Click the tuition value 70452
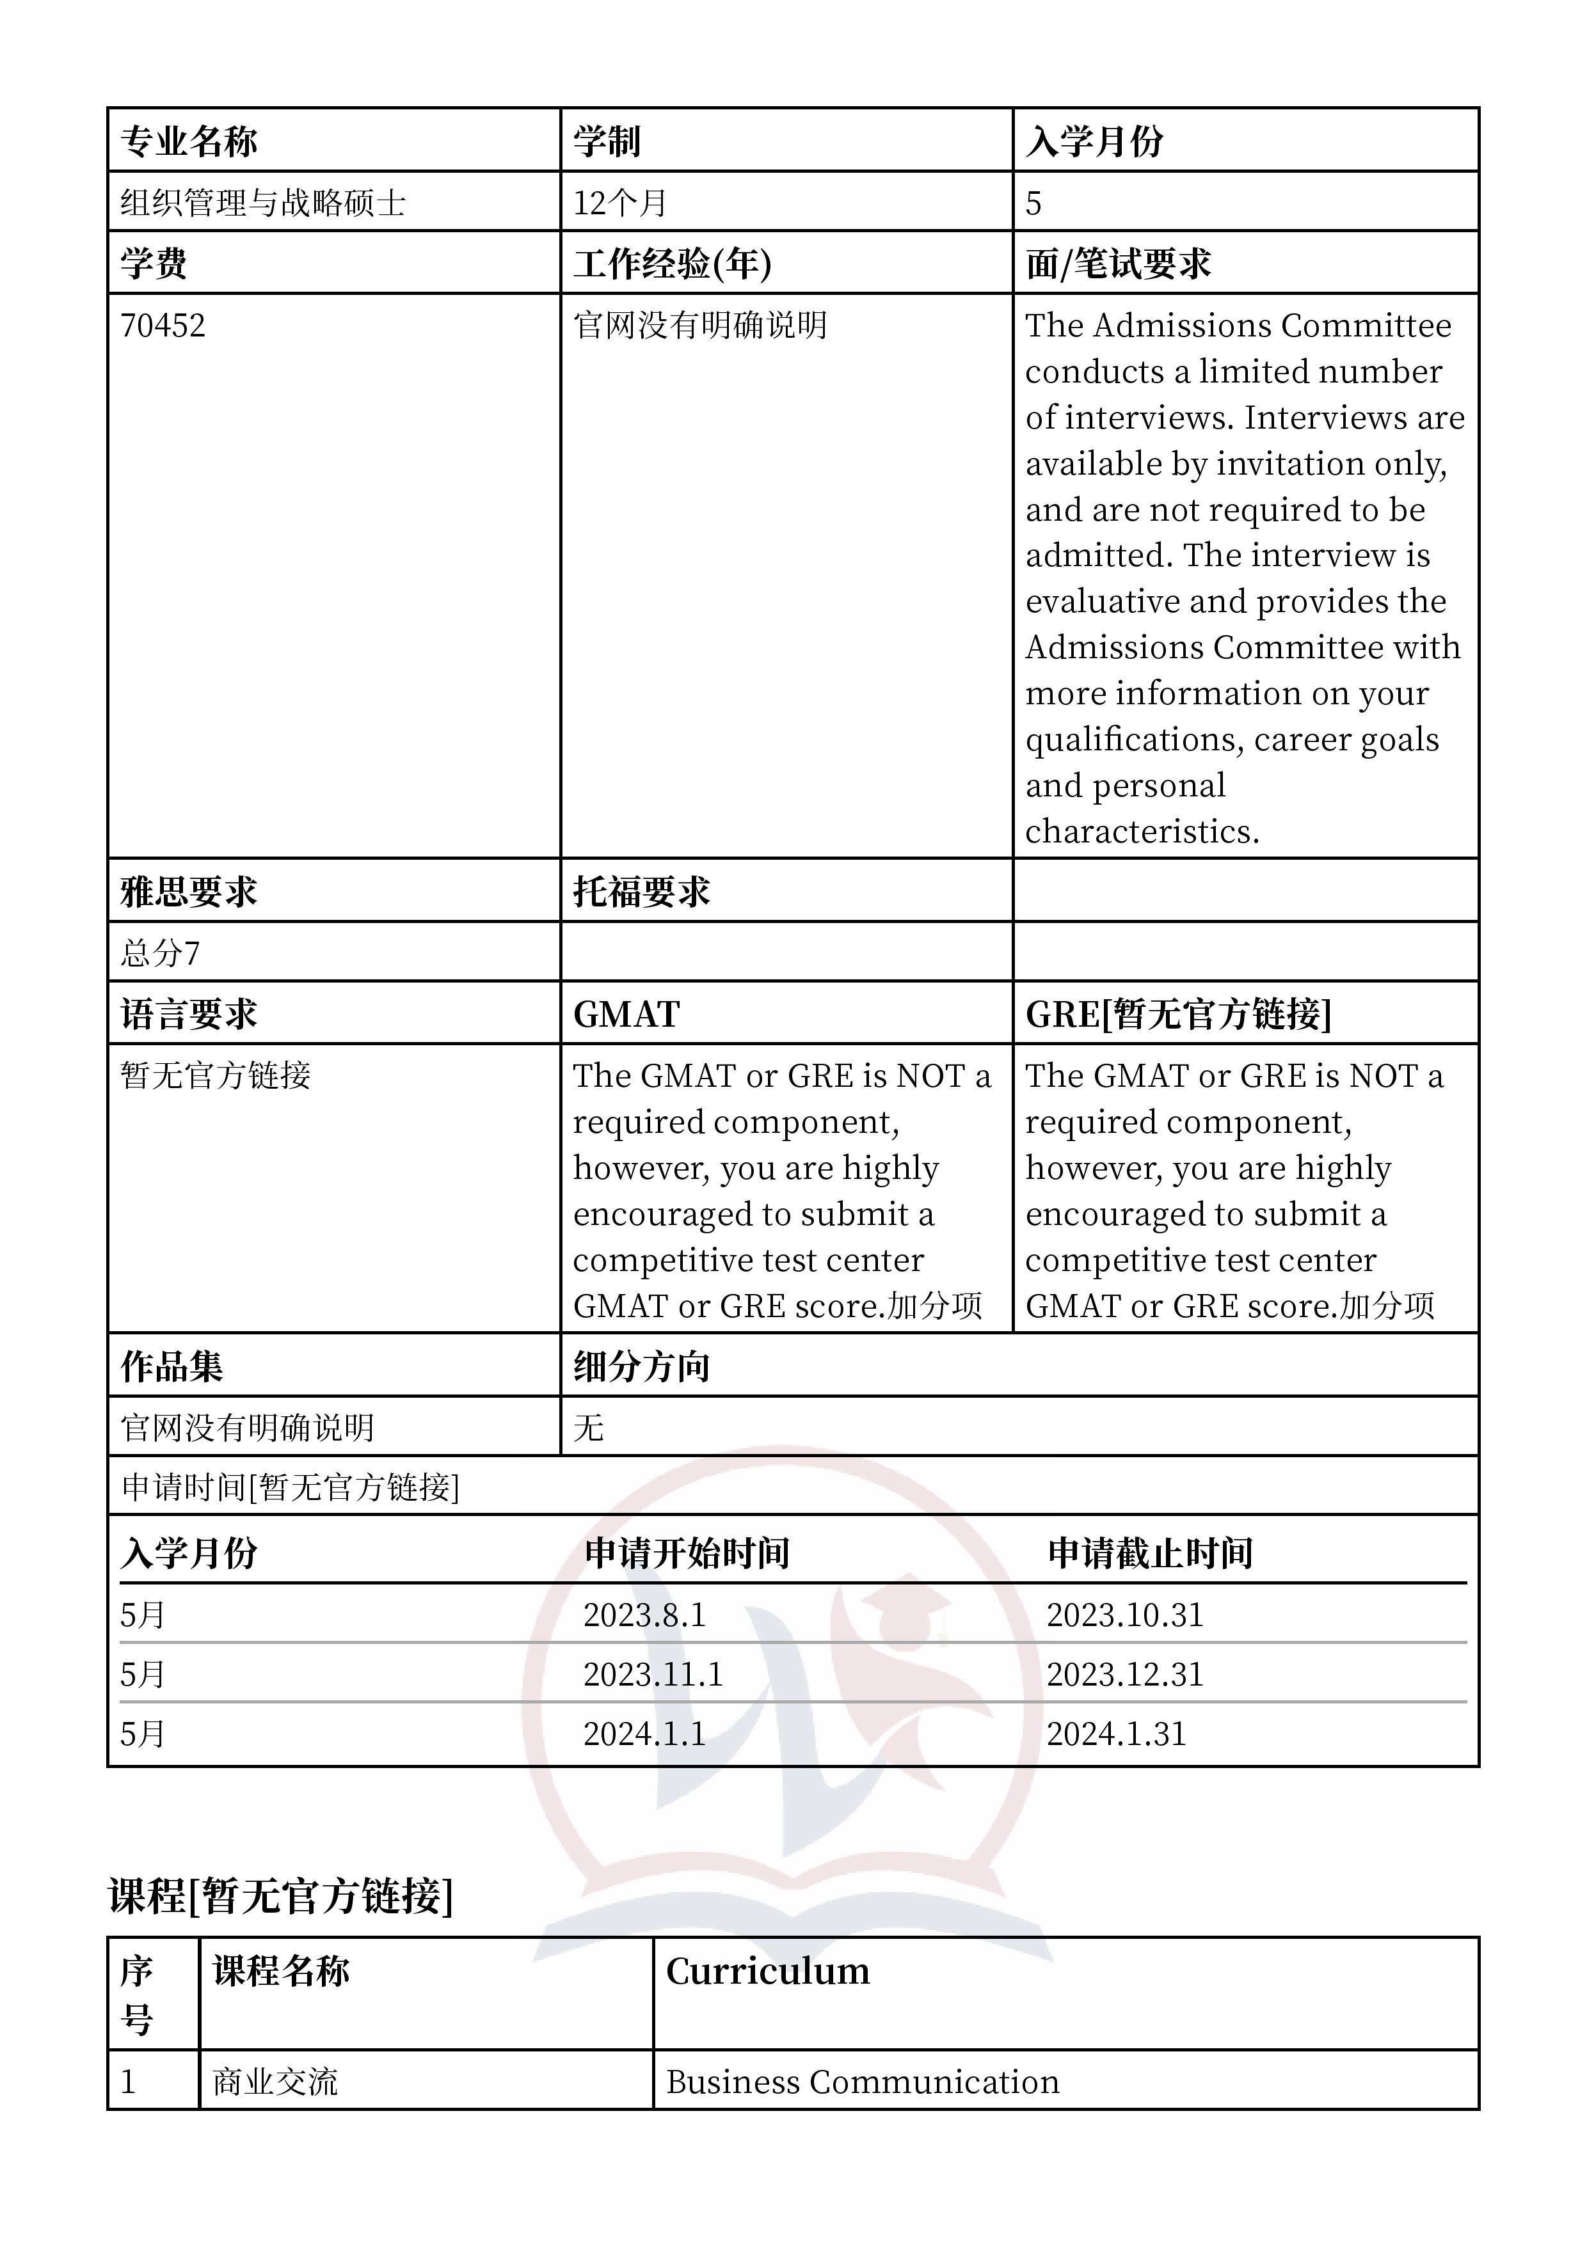pos(163,326)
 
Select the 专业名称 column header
pos(189,142)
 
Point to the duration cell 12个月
pos(620,203)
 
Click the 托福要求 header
pos(641,891)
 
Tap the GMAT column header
pos(626,1015)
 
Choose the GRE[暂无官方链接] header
pos(1177,1015)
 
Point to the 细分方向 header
pos(641,1366)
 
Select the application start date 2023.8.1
pos(644,1615)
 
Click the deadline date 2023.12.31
pos(1124,1674)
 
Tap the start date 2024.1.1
pos(644,1734)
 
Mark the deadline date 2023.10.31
pos(1124,1615)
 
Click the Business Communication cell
pos(863,2082)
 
